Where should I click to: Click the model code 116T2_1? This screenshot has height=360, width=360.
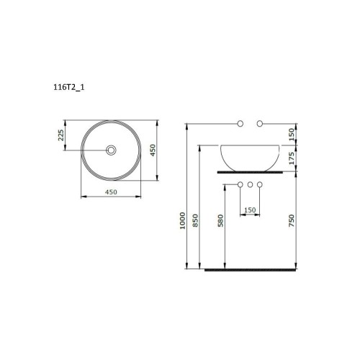point(69,87)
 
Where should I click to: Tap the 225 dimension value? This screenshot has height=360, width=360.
point(61,135)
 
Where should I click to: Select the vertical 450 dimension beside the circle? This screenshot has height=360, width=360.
point(153,150)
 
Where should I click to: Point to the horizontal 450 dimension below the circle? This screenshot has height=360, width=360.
point(111,192)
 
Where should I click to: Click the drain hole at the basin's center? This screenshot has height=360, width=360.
point(111,150)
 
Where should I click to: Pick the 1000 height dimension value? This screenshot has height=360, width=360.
point(183,220)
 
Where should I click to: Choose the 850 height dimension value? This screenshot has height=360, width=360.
point(195,220)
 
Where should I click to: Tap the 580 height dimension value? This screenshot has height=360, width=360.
point(220,220)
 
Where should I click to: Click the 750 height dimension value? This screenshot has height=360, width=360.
point(291,220)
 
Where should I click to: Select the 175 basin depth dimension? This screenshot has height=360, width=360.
point(292,158)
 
